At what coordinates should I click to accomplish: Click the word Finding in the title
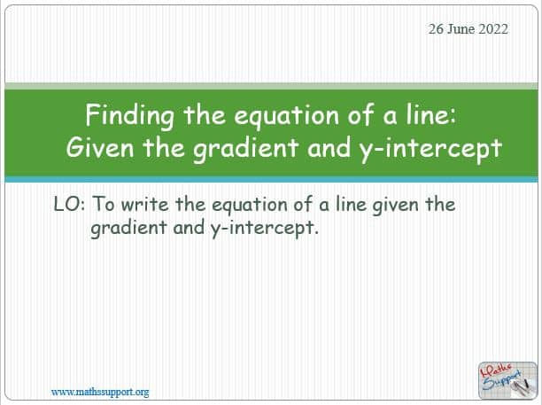[129, 116]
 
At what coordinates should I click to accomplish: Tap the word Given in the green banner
[100, 147]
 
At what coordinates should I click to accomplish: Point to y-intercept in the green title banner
[430, 149]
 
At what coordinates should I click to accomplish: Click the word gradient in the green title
[246, 149]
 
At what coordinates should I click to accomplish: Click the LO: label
[69, 204]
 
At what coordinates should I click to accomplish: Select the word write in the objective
[145, 204]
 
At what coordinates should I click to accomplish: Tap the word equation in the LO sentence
[249, 206]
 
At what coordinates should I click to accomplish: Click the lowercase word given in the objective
[395, 206]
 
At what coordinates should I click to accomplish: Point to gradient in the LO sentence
[128, 229]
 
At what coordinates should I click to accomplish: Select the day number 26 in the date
[436, 29]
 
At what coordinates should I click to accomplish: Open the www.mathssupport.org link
[100, 393]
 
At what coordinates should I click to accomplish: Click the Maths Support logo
[507, 381]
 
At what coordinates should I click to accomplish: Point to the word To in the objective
[104, 204]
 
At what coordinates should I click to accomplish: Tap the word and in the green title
[329, 147]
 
